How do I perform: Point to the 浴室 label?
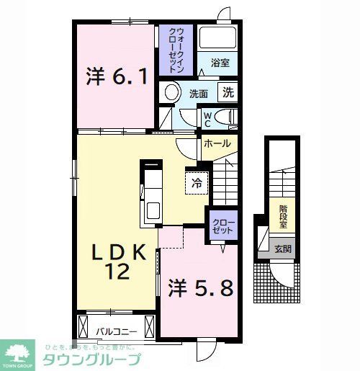220,63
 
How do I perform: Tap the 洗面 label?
199,94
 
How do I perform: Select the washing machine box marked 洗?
228,92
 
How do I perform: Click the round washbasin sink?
171,92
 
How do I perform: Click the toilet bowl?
226,117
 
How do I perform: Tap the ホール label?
217,143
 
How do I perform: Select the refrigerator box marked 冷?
197,183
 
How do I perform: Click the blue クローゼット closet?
222,226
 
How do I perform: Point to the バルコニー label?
113,331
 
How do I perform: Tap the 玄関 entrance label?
283,249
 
